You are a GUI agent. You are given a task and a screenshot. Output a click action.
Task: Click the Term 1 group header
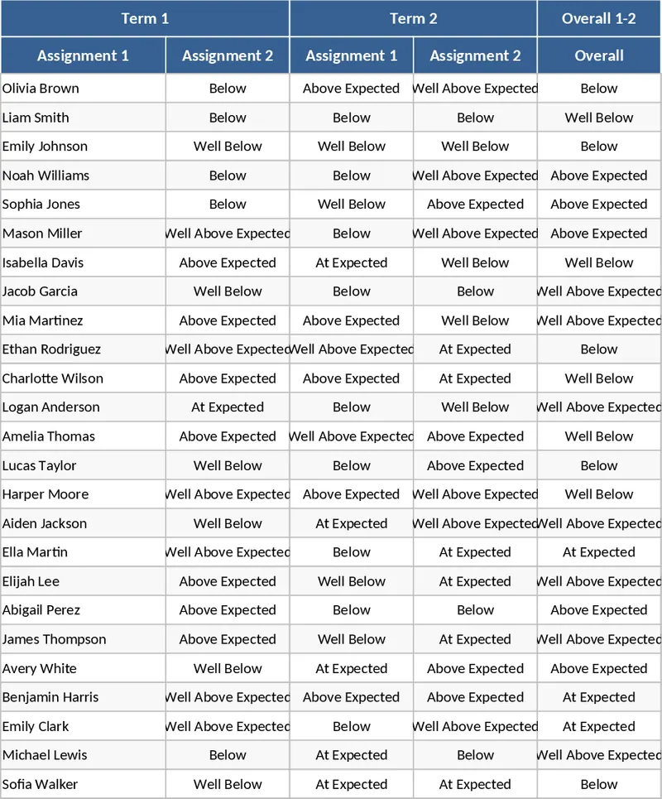(145, 18)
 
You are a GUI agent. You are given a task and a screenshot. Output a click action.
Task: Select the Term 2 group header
(413, 18)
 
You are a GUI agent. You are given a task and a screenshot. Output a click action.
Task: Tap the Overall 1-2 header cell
(599, 18)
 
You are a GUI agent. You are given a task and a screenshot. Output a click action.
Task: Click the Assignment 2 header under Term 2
(475, 55)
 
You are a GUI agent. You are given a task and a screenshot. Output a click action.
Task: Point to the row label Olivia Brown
(41, 89)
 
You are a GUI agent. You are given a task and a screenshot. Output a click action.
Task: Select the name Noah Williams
(46, 176)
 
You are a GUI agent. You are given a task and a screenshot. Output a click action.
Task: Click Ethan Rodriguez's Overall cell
(599, 349)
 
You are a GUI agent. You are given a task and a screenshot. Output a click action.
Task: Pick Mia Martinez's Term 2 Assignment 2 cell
(475, 320)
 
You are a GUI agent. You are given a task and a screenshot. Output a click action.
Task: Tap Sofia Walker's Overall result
(599, 784)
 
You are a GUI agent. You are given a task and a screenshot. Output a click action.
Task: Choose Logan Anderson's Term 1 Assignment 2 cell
(228, 407)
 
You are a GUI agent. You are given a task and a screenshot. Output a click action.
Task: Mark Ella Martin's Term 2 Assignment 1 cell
(352, 552)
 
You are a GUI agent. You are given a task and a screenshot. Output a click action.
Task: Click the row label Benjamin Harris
(50, 697)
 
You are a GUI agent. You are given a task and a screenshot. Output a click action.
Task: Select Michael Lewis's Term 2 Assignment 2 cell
(475, 755)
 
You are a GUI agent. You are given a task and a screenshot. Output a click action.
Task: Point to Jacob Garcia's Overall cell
(599, 291)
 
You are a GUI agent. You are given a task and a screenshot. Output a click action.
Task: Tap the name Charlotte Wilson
(53, 378)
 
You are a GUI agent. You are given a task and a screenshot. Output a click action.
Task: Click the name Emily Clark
(36, 726)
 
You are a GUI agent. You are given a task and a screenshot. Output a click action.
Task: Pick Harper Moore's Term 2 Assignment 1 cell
(352, 494)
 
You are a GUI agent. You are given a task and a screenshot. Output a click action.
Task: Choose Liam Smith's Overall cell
(599, 118)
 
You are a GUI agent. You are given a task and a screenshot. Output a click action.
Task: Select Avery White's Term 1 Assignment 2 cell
(228, 668)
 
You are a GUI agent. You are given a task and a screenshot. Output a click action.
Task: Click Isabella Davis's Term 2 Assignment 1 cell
(352, 262)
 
